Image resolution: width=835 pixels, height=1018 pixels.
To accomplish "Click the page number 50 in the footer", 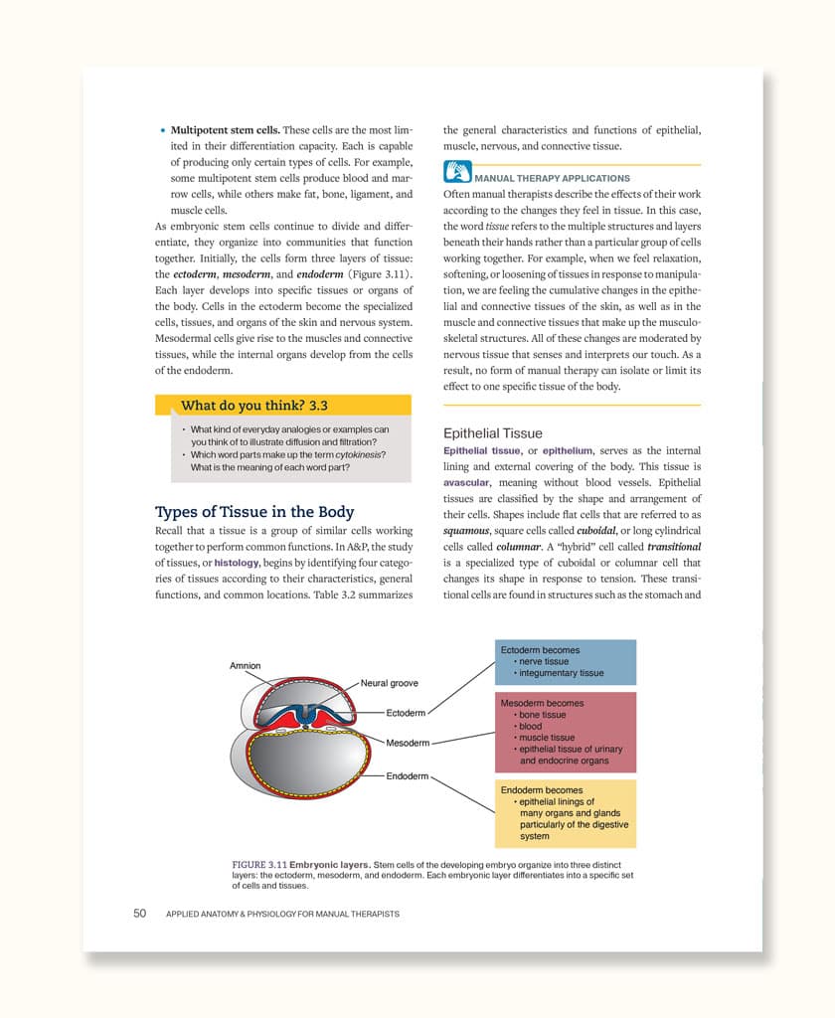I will pos(140,914).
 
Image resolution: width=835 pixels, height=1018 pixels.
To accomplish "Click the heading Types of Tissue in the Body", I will pos(254,512).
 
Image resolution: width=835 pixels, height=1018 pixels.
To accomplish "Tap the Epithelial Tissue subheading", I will pos(493,433).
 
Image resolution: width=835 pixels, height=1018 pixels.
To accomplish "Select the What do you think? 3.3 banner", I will pos(254,406).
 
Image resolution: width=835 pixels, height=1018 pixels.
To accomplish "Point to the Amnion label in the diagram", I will pos(246,666).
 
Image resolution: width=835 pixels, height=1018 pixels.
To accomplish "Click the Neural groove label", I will pos(389,683).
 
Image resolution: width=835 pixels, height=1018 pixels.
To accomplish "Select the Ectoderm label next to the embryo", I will pos(406,713).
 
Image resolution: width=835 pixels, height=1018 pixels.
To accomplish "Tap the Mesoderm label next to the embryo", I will pos(408,743).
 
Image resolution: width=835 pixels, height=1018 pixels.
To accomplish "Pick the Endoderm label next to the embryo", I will pos(407,775).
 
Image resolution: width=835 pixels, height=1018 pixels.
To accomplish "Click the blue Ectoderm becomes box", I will pos(565,662).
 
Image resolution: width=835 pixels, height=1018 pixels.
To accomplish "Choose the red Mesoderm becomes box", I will pos(565,732).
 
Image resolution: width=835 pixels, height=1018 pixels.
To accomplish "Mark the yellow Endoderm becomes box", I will pos(565,813).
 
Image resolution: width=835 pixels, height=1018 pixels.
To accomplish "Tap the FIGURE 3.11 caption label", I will pos(258,864).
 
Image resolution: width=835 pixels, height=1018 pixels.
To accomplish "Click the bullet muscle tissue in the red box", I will pos(546,738).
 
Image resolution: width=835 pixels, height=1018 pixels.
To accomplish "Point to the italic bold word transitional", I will pos(674,547).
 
